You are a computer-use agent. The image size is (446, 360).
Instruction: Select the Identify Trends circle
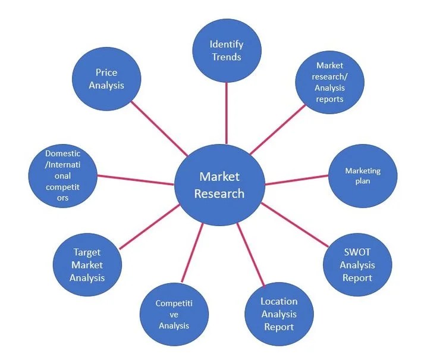pyautogui.click(x=227, y=51)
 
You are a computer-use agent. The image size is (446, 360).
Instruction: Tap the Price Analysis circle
pyautogui.click(x=106, y=78)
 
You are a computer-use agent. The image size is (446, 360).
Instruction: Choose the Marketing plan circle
pyautogui.click(x=363, y=176)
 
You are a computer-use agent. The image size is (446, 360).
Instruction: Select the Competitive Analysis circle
pyautogui.click(x=174, y=314)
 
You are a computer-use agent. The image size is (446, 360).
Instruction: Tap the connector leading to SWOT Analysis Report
pyautogui.click(x=294, y=226)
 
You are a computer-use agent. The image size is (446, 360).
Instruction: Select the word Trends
pyautogui.click(x=227, y=57)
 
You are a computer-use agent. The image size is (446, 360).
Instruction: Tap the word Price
pyautogui.click(x=106, y=72)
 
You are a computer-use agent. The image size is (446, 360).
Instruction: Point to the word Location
pyautogui.click(x=279, y=301)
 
